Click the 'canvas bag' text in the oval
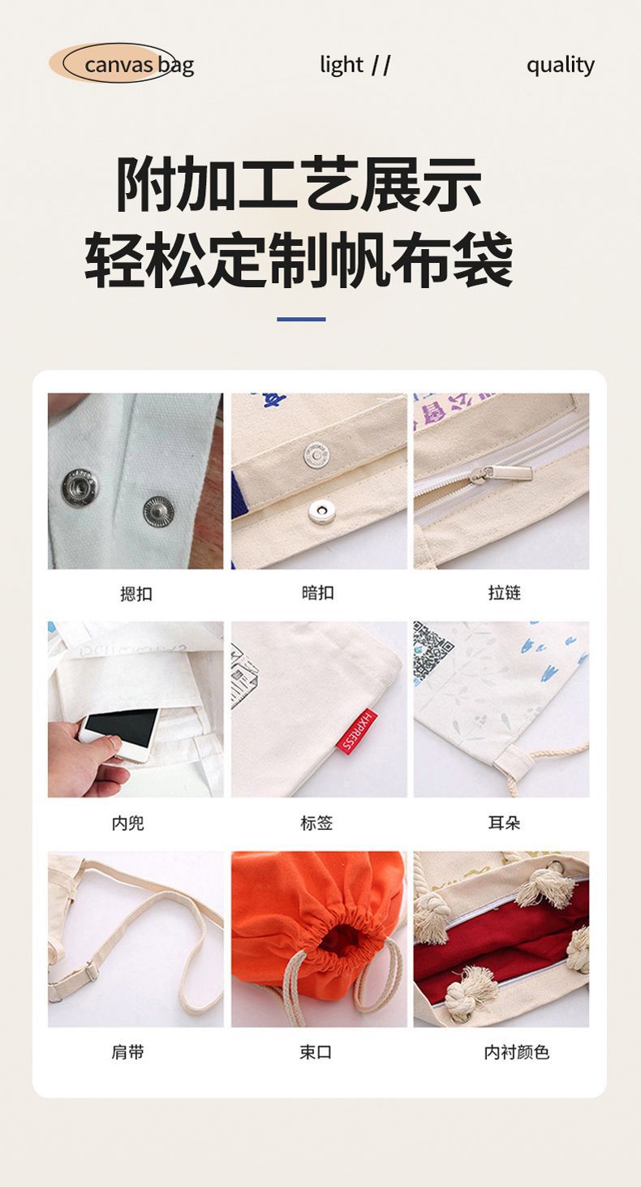pos(138,65)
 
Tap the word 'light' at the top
pos(342,65)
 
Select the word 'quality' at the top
pos(560,65)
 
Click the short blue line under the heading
pos(301,319)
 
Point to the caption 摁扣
pos(136,594)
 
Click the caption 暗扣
pos(317,593)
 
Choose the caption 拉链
pos(504,593)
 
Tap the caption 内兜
pos(127,824)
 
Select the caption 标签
pos(316,824)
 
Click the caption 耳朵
pos(504,824)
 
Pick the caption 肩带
pos(127,1052)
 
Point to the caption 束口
pos(316,1052)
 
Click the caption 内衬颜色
pos(516,1052)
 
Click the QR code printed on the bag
pos(433,652)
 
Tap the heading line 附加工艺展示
pos(299,184)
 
